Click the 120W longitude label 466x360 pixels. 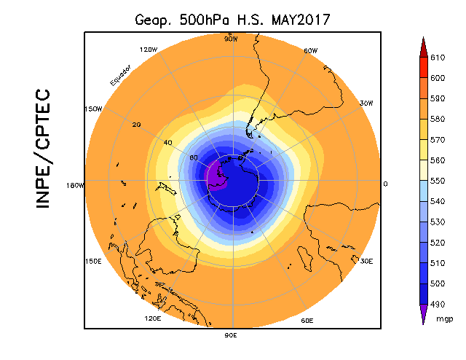(149, 50)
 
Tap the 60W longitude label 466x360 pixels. (310, 51)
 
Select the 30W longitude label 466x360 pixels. (367, 103)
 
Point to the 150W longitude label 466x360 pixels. (92, 109)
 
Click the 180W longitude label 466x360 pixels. (76, 185)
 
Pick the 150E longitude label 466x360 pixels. (93, 261)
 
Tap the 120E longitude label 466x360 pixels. (152, 318)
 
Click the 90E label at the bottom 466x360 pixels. (231, 335)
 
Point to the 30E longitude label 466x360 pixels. (366, 261)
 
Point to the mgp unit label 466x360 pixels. (444, 318)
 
